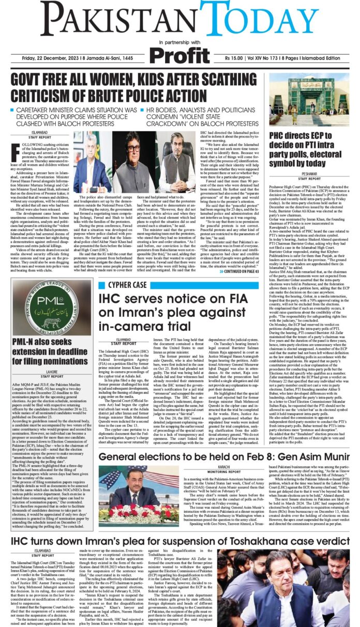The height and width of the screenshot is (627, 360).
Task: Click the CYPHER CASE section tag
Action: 127,284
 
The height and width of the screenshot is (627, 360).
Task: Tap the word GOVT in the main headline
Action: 34,82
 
